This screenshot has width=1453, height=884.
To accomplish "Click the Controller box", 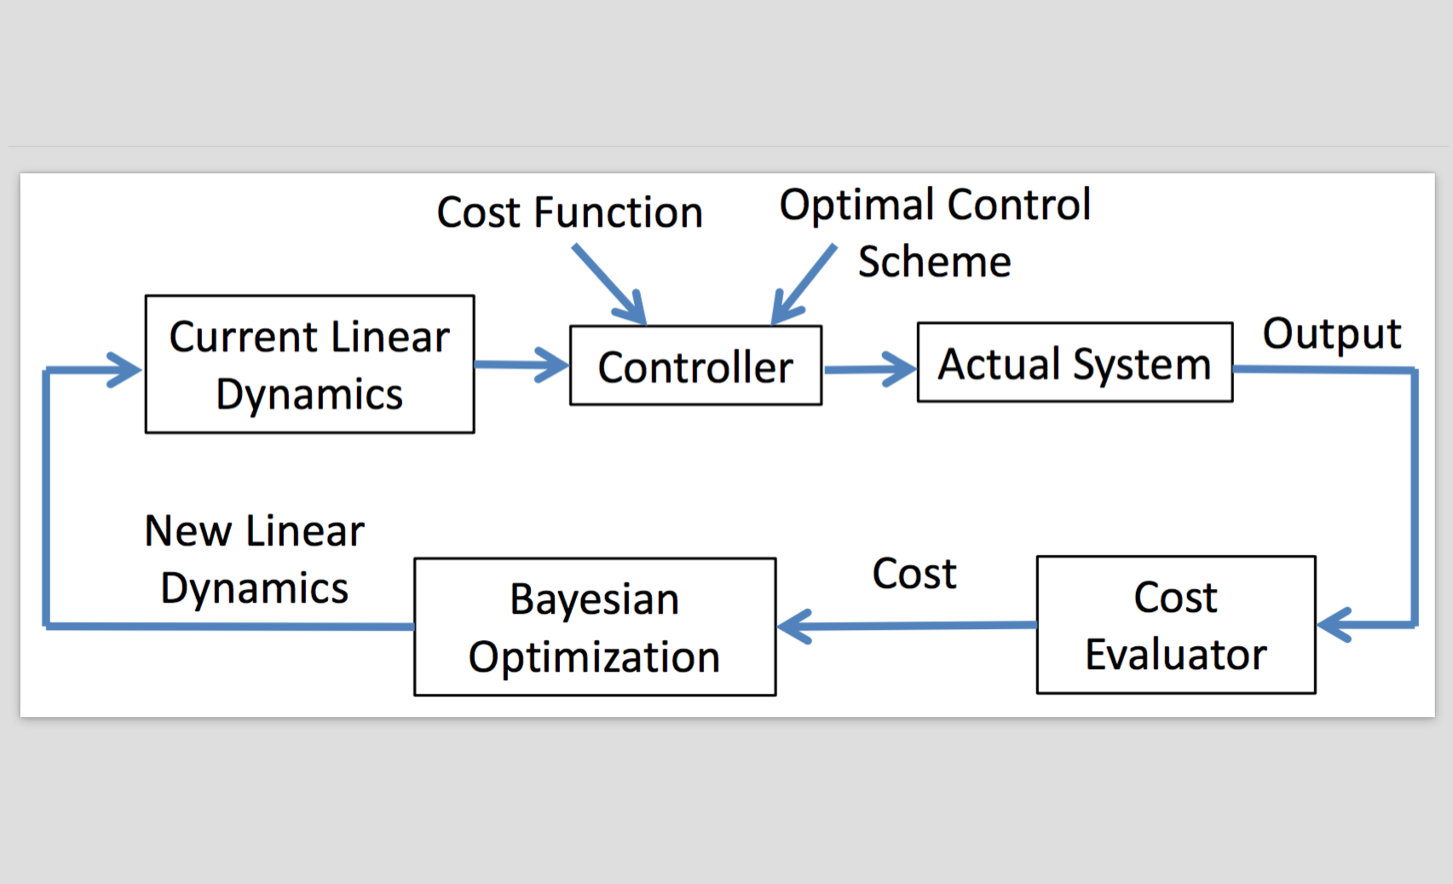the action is tap(696, 366).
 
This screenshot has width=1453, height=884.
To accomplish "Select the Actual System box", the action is tap(1075, 362).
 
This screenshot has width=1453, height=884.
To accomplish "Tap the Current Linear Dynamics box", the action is tap(310, 364).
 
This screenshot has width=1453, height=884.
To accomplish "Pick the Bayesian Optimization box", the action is tap(595, 627).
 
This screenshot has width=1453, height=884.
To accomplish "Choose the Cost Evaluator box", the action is tap(1176, 625).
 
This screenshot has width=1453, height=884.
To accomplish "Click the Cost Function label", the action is tap(569, 212).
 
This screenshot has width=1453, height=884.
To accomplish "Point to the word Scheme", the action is tap(935, 262).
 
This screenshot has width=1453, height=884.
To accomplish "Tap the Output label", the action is tap(1332, 334).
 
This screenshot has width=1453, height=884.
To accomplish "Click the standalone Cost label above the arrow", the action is tap(914, 574).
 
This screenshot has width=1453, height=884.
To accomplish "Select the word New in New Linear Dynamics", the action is tap(188, 531).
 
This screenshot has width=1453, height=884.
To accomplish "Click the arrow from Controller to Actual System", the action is tap(870, 369).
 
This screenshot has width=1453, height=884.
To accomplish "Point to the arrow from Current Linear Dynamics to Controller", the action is tap(522, 365).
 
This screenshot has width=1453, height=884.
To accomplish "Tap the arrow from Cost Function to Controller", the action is tap(609, 284).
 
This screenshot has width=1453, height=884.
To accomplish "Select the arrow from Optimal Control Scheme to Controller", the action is tap(803, 284).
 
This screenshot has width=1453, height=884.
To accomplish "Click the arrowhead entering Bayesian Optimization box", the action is tap(793, 627).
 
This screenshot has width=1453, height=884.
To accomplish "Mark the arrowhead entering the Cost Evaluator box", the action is tap(1334, 625).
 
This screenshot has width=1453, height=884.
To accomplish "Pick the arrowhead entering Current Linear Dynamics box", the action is tap(124, 370).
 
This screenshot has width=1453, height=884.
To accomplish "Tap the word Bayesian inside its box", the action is tap(594, 600).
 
